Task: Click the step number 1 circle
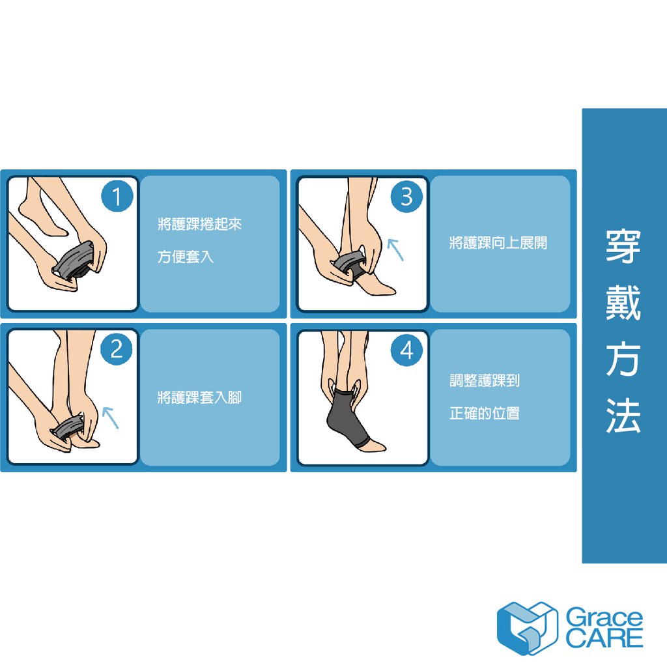click(117, 195)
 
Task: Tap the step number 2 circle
click(116, 349)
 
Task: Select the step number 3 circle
click(406, 196)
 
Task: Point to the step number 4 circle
click(406, 350)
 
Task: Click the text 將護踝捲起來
click(199, 224)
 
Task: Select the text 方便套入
click(186, 257)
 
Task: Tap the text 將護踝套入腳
click(199, 397)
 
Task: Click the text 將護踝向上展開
click(498, 243)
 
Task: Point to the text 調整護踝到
click(485, 380)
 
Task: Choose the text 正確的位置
click(485, 413)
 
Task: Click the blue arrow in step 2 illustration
click(110, 418)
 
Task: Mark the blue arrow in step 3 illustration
click(395, 249)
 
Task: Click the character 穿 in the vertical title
click(623, 246)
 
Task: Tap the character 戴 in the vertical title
click(623, 302)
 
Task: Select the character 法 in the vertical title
click(623, 415)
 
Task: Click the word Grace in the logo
click(604, 617)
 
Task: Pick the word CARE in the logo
click(604, 638)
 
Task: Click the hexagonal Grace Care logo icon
click(527, 628)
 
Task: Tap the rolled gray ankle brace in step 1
click(73, 261)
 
